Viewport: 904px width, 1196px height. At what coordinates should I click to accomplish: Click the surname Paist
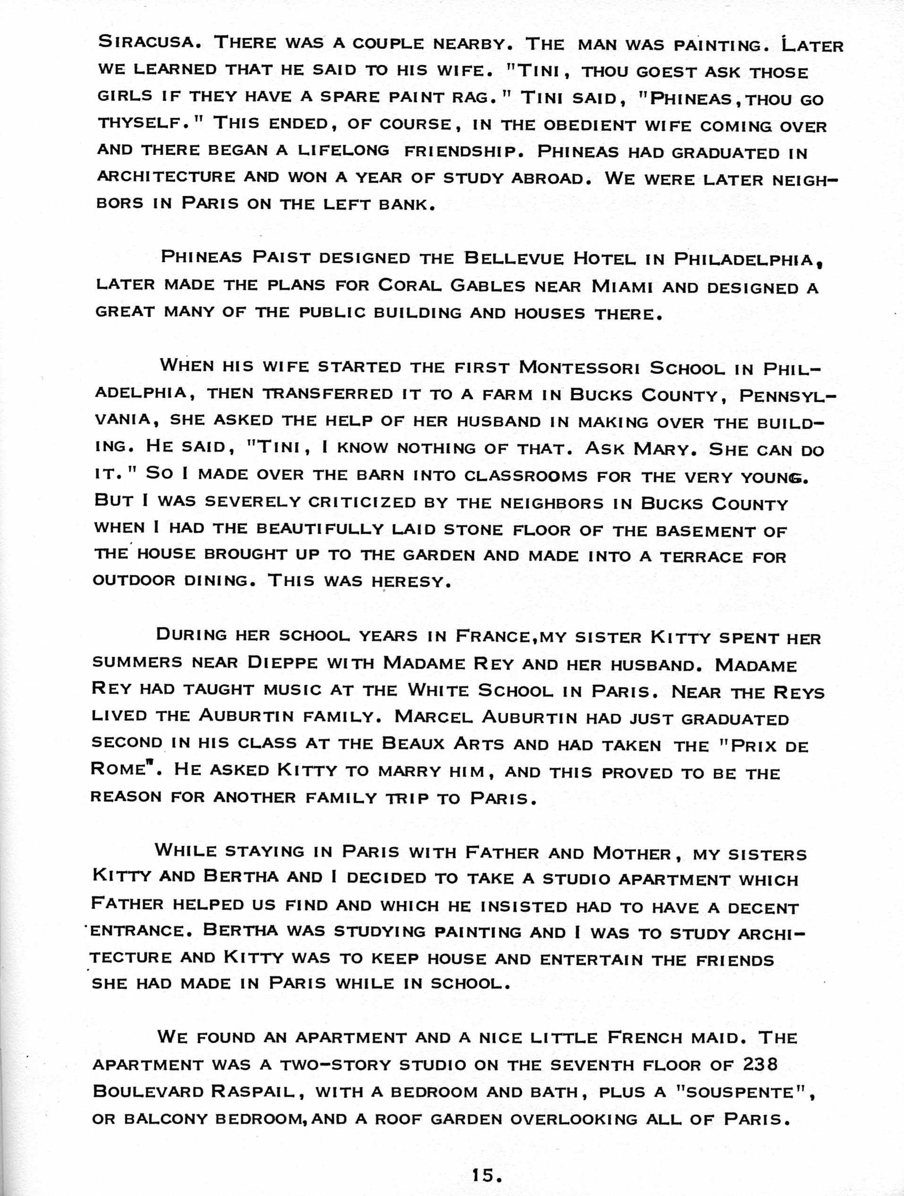pos(281,257)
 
